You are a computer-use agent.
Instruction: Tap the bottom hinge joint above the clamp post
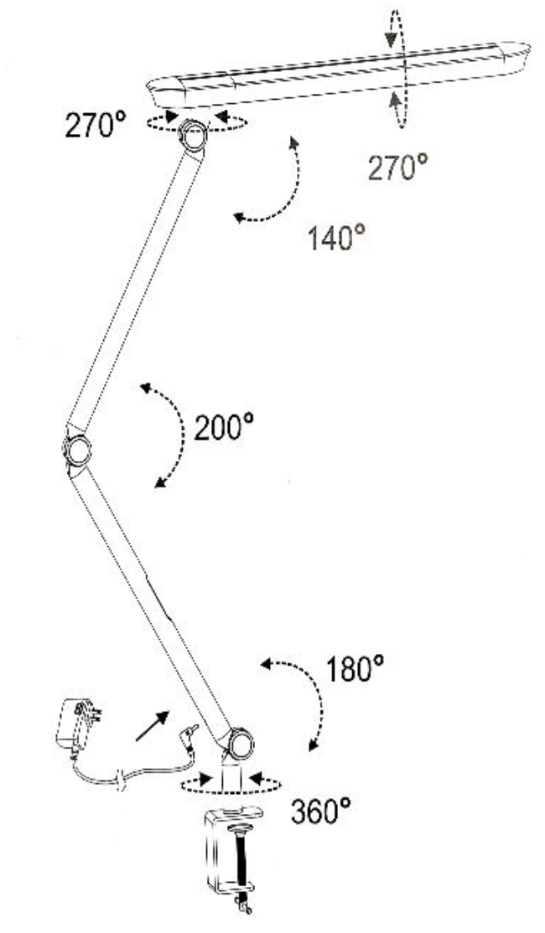pos(240,742)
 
